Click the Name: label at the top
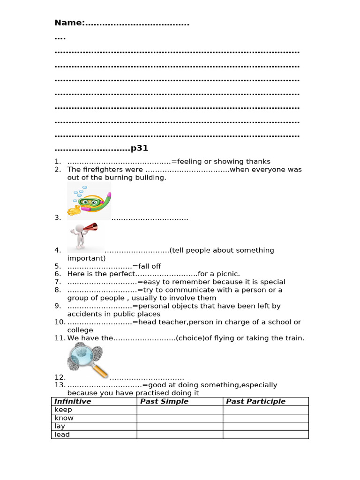click(69, 23)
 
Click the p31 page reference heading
click(139, 149)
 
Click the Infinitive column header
click(73, 401)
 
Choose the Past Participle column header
click(255, 401)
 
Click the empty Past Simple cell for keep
click(180, 410)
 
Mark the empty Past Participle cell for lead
click(265, 435)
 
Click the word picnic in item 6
click(227, 274)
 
